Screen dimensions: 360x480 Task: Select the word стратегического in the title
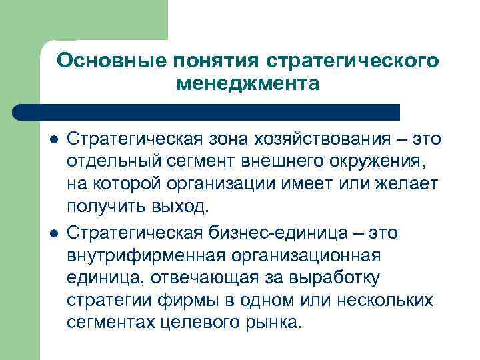[353, 61]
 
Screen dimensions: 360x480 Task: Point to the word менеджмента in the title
[248, 85]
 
